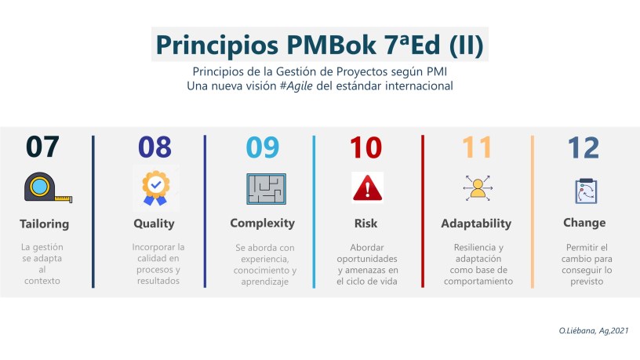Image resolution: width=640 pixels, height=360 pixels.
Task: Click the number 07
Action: pyautogui.click(x=42, y=147)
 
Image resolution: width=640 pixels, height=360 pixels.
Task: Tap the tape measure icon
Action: pyautogui.click(x=48, y=187)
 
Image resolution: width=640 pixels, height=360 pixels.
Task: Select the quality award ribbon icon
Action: pyautogui.click(x=155, y=187)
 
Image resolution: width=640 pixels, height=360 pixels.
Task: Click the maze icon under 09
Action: pyautogui.click(x=266, y=189)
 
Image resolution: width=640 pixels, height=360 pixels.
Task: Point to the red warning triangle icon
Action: pyautogui.click(x=367, y=187)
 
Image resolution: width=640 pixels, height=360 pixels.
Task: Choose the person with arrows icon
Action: pyautogui.click(x=478, y=188)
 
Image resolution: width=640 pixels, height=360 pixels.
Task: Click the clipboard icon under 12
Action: pyautogui.click(x=586, y=191)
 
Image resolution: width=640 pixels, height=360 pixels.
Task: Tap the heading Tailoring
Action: pyautogui.click(x=45, y=224)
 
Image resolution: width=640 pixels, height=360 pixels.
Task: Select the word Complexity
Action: pyautogui.click(x=263, y=224)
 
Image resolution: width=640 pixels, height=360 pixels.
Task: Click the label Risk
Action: pyautogui.click(x=365, y=224)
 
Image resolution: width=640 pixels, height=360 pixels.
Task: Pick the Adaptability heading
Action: pyautogui.click(x=476, y=224)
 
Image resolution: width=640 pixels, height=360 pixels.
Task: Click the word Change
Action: pyautogui.click(x=584, y=223)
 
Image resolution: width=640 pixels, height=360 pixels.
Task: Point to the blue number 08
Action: pyautogui.click(x=155, y=147)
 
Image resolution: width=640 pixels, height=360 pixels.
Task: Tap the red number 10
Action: pyautogui.click(x=365, y=147)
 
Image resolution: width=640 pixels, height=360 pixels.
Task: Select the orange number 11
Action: pyautogui.click(x=477, y=147)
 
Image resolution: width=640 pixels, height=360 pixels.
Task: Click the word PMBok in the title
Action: pyautogui.click(x=331, y=45)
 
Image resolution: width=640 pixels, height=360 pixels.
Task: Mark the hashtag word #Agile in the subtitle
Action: pyautogui.click(x=296, y=86)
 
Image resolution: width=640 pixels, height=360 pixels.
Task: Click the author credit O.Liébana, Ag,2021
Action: pyautogui.click(x=594, y=331)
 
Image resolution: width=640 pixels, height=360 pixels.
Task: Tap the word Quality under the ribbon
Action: pyautogui.click(x=154, y=224)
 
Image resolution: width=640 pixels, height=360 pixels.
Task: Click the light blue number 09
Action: pyautogui.click(x=263, y=147)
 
